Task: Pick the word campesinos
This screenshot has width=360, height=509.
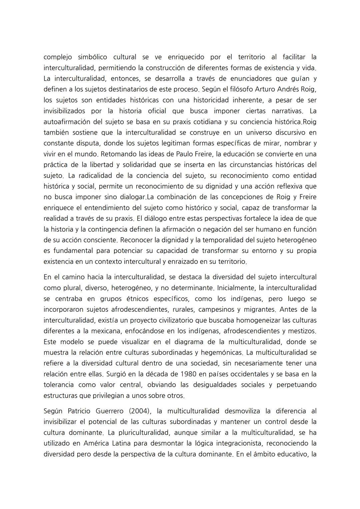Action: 216,309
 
